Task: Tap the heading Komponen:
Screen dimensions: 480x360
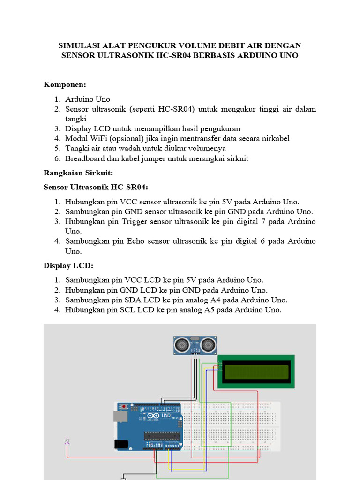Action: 65,84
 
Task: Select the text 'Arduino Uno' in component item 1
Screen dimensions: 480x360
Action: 88,99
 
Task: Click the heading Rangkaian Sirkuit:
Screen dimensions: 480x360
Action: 78,173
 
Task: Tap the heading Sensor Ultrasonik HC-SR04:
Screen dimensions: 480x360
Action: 96,187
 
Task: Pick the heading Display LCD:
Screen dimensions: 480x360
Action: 68,265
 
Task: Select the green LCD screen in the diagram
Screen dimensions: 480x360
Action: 256,371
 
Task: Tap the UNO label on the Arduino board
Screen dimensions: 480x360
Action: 166,415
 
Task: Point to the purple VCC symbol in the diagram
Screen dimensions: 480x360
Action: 67,441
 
